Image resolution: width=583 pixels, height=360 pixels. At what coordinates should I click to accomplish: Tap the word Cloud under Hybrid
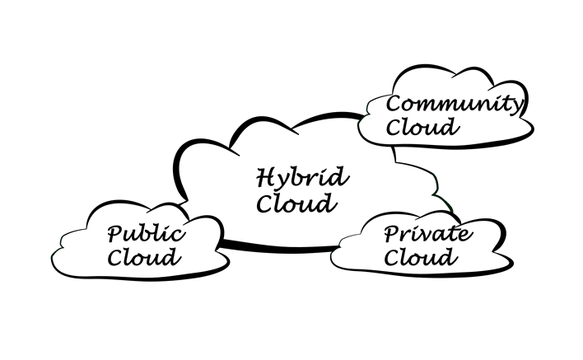click(x=296, y=203)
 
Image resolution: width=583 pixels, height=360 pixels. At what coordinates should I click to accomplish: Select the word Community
click(x=453, y=105)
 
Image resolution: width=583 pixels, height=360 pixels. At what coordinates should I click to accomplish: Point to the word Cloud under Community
click(x=422, y=127)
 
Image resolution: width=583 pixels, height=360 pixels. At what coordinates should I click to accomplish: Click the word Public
click(x=146, y=235)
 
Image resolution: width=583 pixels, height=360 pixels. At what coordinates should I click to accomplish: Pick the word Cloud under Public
click(x=144, y=257)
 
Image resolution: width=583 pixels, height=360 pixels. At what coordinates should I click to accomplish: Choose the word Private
click(x=428, y=235)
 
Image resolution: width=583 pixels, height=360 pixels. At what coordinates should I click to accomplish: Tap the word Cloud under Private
click(x=421, y=258)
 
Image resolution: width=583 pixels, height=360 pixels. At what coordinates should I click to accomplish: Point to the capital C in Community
click(x=394, y=105)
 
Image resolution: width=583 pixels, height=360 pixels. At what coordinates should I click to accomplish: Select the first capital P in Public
click(x=115, y=235)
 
